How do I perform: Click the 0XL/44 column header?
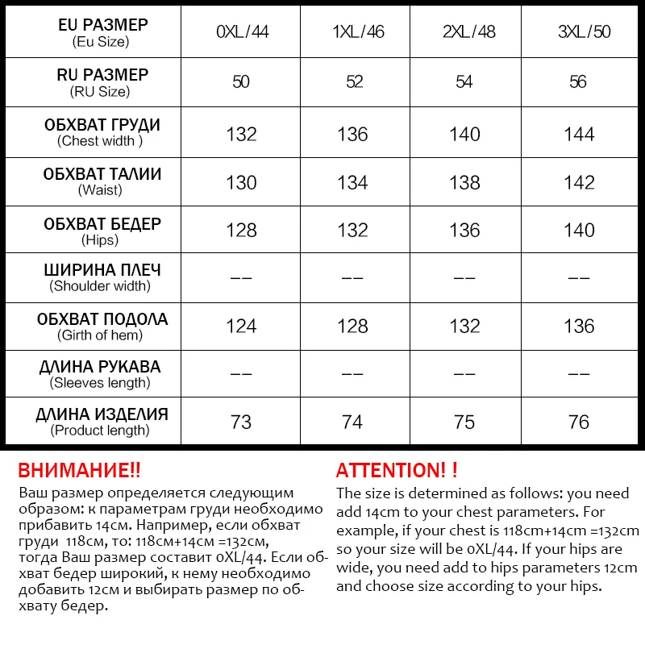[242, 33]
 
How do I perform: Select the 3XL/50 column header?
[578, 33]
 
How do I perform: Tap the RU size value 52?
[354, 82]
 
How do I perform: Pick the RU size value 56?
[578, 82]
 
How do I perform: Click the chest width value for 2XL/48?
[465, 134]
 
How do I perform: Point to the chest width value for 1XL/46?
[353, 134]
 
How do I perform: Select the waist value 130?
[242, 182]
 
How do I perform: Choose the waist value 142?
[579, 182]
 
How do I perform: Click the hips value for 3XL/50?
[579, 231]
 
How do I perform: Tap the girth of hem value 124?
[242, 327]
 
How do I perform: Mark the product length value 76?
[579, 422]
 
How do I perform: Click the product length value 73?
[241, 422]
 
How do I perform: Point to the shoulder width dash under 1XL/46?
[353, 278]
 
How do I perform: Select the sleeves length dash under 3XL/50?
[579, 374]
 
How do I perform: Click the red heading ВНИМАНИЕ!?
[79, 470]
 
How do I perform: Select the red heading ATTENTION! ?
[397, 470]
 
